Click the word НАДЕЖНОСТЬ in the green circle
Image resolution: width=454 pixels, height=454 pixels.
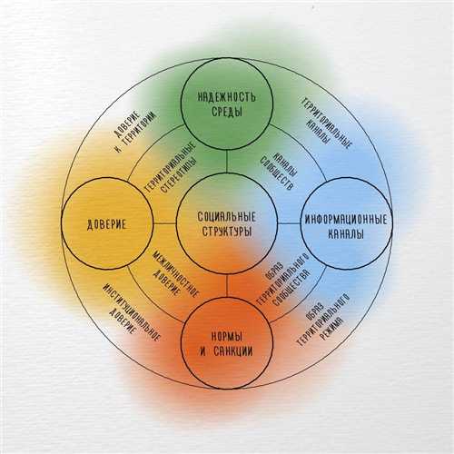227,97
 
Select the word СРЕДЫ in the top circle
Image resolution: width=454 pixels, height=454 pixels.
227,112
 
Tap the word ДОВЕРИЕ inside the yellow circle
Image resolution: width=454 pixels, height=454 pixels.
106,225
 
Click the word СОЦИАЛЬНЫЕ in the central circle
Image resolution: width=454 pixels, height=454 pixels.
227,217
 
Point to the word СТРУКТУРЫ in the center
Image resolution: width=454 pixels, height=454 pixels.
227,232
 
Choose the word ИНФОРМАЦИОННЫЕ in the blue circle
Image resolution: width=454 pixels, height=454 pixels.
346,220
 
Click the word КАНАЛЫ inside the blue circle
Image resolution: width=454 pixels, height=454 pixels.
346,234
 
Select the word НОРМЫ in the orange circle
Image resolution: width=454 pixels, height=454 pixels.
227,336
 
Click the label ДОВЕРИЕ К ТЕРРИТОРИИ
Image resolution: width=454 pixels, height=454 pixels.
135,131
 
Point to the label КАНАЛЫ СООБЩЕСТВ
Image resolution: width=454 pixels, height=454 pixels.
279,171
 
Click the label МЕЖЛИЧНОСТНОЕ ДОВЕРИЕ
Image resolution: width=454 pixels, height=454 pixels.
175,275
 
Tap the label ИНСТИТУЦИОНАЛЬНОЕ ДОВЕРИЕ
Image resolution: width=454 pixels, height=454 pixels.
130,312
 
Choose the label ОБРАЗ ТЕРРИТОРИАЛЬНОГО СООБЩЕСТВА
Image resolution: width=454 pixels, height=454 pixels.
282,280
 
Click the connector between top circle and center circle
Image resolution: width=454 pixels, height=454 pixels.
227,162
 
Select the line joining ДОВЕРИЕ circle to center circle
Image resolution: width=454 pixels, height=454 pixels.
164,224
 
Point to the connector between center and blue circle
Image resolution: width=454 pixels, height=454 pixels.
289,224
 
